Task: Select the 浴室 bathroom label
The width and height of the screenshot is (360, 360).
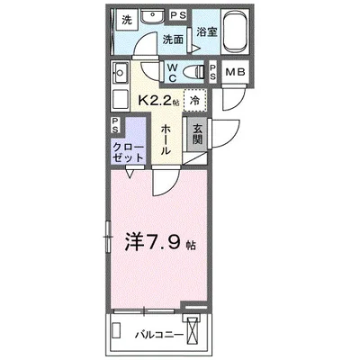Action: [x=207, y=32]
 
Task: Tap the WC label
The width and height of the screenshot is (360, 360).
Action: [x=172, y=72]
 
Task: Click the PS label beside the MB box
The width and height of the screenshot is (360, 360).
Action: [x=212, y=72]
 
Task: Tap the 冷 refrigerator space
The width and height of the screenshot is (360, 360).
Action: [x=193, y=100]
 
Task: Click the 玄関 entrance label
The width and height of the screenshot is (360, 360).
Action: [x=197, y=137]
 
